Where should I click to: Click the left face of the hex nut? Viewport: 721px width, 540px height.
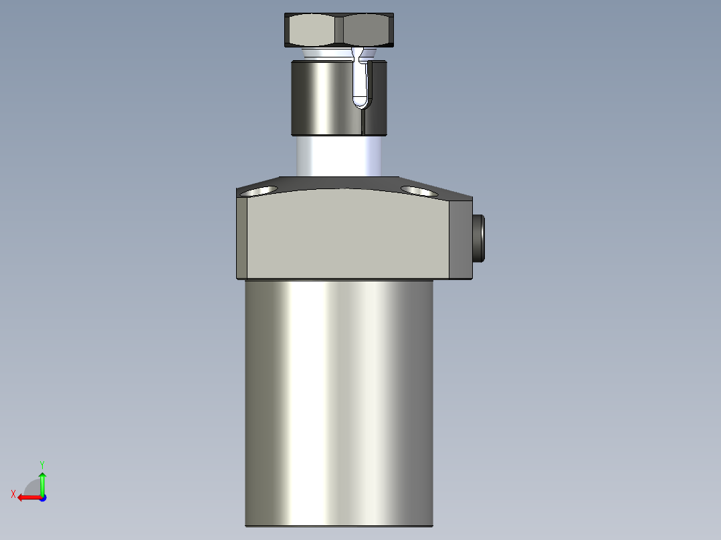point(313,29)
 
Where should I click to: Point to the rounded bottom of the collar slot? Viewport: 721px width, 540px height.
point(360,102)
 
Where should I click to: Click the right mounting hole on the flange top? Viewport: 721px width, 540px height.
point(419,190)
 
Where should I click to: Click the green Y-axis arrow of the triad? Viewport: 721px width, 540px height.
point(42,481)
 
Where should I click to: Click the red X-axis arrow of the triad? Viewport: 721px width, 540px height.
point(27,497)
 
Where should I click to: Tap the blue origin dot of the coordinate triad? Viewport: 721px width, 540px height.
point(42,498)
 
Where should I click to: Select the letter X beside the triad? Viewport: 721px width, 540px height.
point(13,494)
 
